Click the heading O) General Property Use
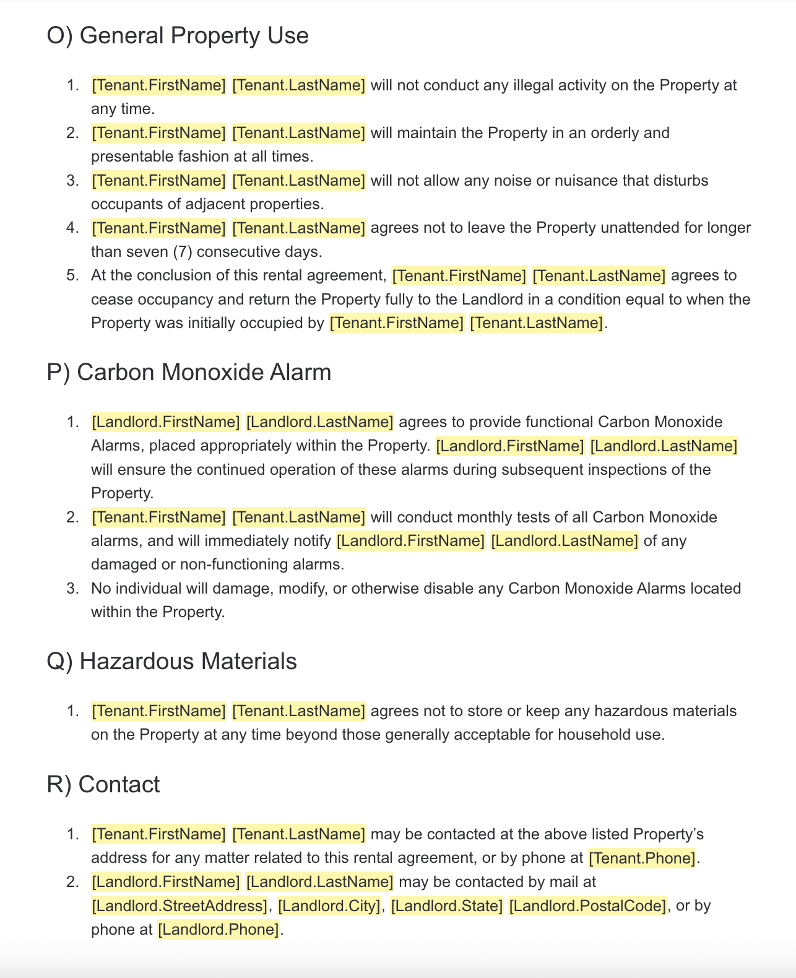177,35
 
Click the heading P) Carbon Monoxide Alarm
189,372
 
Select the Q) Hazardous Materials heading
171,661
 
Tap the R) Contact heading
103,784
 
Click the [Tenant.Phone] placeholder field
642,858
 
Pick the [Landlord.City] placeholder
329,906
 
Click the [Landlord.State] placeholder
446,906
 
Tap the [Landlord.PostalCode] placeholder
587,906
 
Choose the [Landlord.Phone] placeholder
219,929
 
